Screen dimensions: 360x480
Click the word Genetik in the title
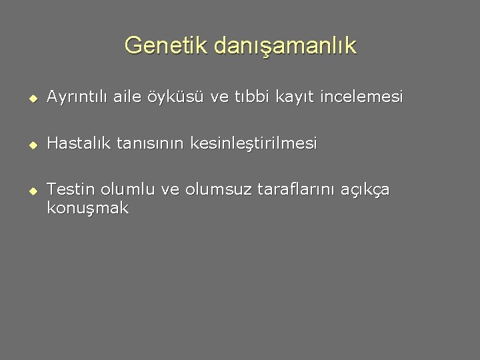167,46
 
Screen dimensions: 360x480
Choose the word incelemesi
362,97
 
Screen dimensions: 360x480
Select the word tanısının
151,143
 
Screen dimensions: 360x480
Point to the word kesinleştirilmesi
254,144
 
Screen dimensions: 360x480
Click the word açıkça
365,191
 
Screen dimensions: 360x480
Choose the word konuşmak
87,209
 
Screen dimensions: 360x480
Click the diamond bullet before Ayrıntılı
31,99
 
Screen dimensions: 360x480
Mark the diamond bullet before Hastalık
31,145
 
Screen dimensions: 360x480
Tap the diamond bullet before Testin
31,191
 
